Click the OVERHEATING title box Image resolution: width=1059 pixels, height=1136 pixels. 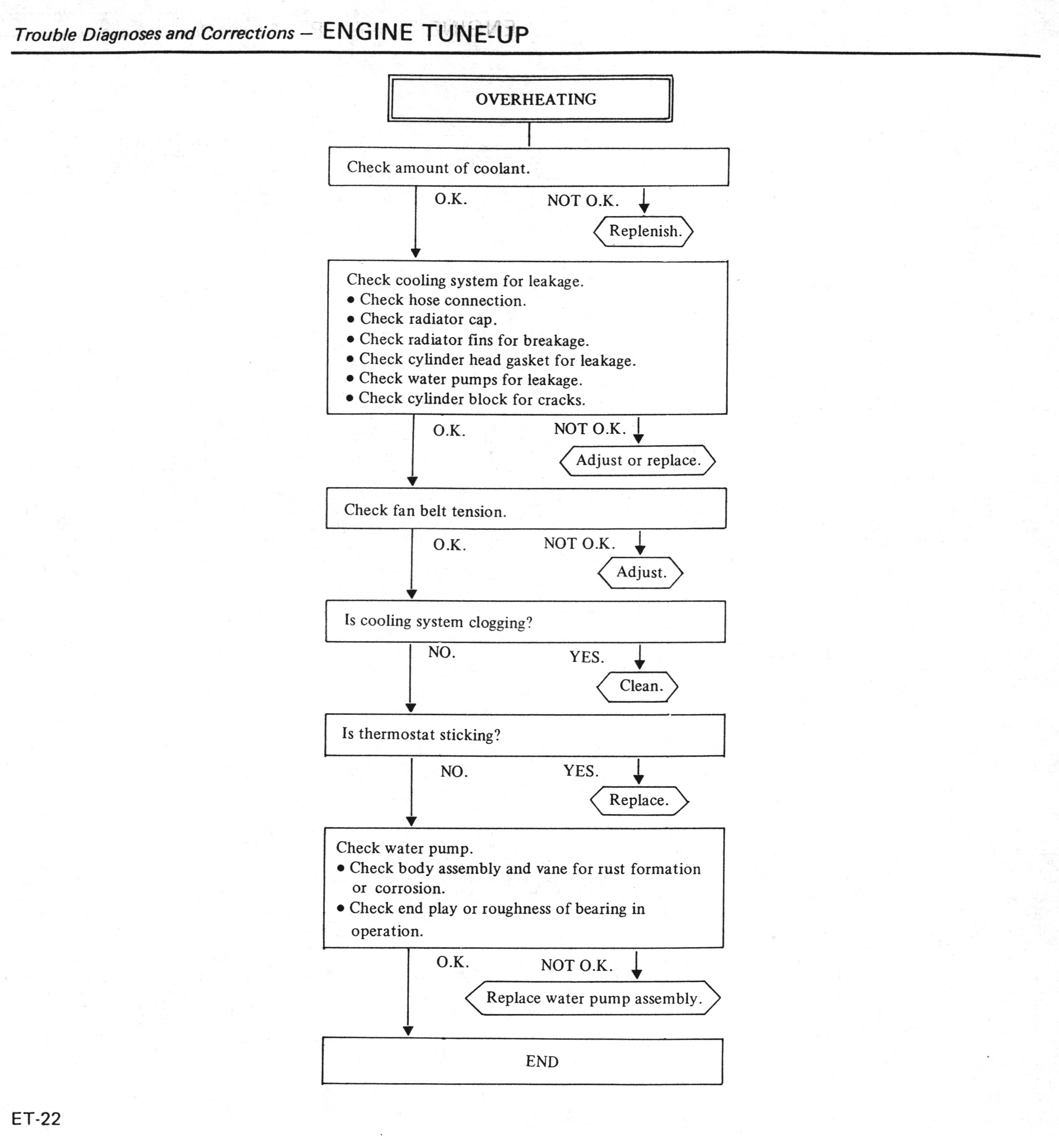[530, 99]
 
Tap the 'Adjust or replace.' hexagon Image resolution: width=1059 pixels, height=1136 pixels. [637, 461]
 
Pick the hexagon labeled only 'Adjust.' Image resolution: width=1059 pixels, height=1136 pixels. [640, 573]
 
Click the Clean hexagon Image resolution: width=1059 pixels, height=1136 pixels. [638, 686]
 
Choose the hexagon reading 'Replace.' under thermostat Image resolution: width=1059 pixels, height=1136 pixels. [639, 800]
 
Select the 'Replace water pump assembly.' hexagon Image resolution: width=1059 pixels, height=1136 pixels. [593, 998]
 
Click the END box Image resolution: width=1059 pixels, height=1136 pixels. [523, 1061]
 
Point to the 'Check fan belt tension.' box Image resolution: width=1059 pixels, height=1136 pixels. [525, 509]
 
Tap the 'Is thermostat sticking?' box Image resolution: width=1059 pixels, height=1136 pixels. [524, 735]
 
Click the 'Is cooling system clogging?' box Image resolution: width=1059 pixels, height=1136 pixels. [525, 622]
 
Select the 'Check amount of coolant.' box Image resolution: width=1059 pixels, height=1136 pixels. [528, 167]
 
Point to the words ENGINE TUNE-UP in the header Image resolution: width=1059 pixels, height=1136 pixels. [425, 33]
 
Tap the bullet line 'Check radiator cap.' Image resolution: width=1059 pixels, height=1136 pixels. [428, 319]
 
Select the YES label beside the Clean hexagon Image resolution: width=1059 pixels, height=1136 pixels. [586, 657]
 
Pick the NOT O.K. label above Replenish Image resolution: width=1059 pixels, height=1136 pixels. [583, 201]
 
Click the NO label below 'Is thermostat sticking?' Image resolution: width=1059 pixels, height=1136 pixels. [454, 772]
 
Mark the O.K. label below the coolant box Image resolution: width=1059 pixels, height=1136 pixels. [450, 199]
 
